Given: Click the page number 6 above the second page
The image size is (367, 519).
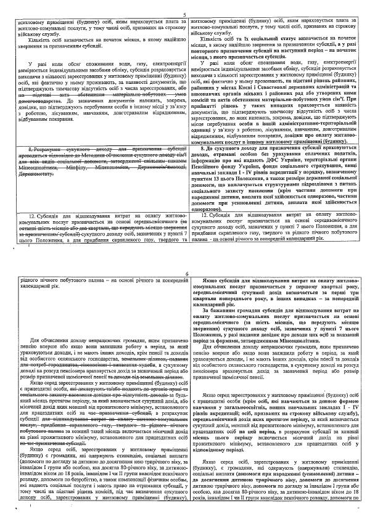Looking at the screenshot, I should [183, 274].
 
